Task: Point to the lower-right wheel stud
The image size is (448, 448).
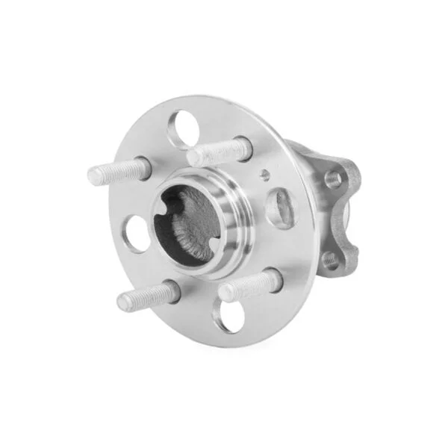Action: [249, 284]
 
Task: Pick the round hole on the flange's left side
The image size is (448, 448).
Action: [137, 233]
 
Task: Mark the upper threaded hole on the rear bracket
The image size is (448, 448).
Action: [333, 179]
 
